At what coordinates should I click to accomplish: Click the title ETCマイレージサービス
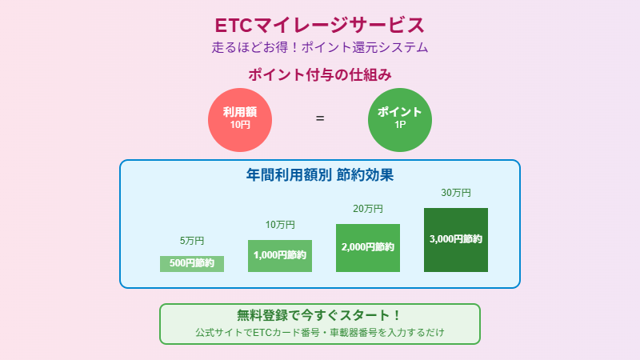click(320, 25)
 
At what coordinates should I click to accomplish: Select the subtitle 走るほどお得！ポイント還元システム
click(320, 47)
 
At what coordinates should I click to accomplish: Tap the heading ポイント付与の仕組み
click(320, 75)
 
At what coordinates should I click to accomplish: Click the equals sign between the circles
click(320, 118)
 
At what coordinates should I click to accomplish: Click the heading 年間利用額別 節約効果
click(320, 174)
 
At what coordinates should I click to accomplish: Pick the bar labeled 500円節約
click(192, 263)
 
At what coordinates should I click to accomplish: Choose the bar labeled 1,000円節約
click(280, 255)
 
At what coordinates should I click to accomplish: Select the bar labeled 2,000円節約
click(368, 247)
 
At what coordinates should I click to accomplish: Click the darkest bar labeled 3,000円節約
click(456, 239)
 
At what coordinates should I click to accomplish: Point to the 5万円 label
click(192, 241)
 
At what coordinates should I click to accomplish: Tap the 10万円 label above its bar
click(280, 225)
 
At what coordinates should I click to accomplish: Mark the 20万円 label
click(368, 209)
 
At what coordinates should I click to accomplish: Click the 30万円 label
click(456, 193)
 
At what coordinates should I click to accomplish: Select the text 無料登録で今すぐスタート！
click(320, 315)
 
